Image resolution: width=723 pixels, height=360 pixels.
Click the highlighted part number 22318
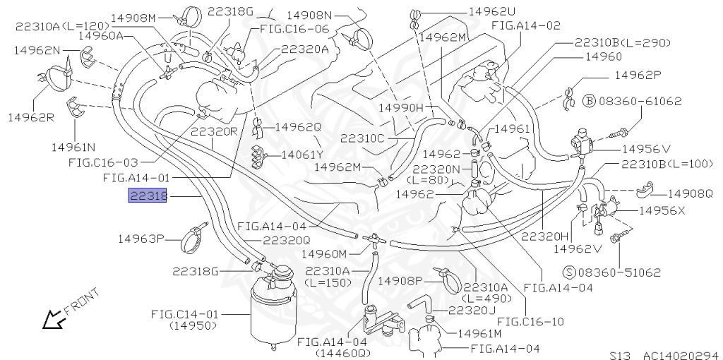[x=147, y=196]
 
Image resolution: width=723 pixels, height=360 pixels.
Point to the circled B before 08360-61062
[x=590, y=101]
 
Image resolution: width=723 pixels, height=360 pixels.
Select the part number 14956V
[x=646, y=149]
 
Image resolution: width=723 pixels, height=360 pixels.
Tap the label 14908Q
[x=690, y=193]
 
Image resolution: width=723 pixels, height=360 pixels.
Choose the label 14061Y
[x=301, y=154]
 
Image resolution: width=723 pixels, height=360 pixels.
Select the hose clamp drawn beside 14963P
[x=191, y=240]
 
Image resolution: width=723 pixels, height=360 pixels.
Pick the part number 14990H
[x=400, y=107]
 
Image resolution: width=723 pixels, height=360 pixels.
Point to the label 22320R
[x=214, y=131]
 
